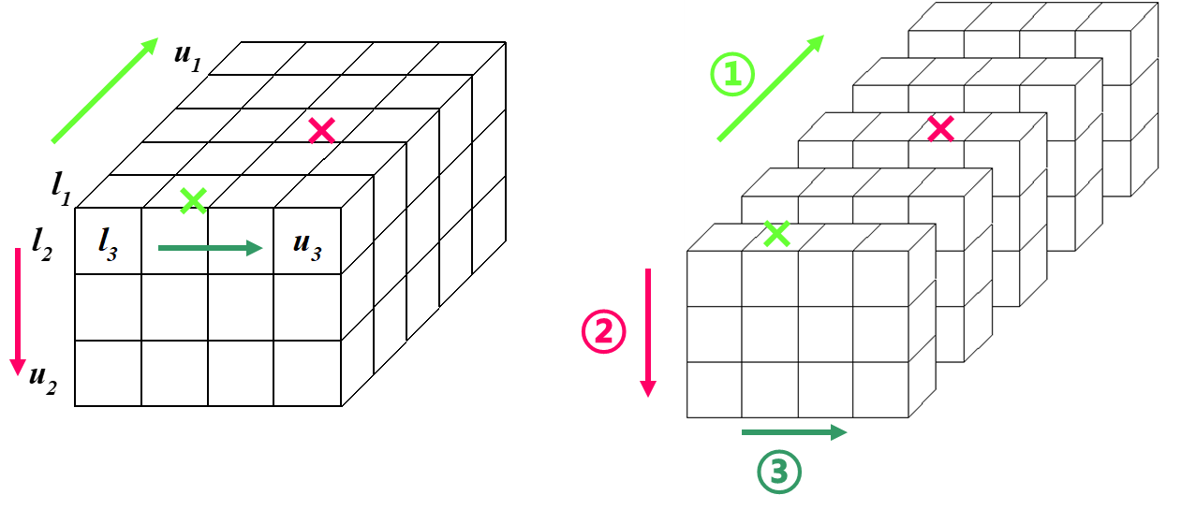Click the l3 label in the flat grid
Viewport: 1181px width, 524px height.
pos(108,243)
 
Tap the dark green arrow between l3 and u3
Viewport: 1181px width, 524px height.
pos(210,248)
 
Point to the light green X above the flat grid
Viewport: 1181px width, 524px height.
pos(194,200)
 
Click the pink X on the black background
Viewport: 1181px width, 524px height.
pos(322,131)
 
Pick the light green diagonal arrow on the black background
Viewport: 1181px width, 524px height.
pos(105,91)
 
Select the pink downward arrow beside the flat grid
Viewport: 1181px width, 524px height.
pos(17,312)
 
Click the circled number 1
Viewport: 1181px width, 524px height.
pos(732,75)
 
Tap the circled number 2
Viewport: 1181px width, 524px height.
pos(604,331)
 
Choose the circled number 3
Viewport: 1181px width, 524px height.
pos(779,473)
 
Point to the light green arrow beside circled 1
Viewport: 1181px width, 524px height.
pos(771,88)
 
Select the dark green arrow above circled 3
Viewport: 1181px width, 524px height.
pos(794,432)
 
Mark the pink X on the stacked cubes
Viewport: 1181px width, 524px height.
pos(940,129)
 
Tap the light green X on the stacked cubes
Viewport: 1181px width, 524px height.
pos(776,234)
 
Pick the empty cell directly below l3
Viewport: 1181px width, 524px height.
pos(109,307)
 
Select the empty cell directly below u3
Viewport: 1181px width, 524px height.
pos(306,307)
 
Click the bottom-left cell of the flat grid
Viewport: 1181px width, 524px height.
pos(109,372)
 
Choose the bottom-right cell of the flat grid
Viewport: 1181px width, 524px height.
pos(306,372)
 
